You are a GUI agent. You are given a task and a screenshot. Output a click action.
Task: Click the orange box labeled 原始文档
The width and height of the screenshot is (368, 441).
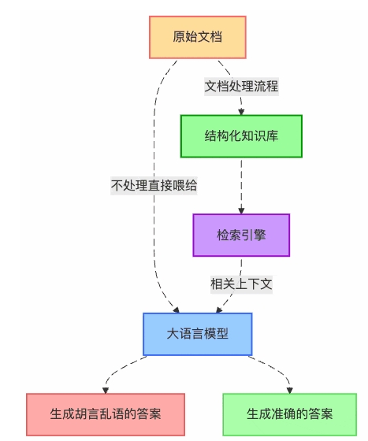[198, 37]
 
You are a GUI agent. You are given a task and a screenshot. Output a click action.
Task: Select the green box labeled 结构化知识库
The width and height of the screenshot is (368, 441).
[241, 135]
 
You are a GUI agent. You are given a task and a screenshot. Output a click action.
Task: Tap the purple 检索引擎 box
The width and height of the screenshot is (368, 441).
[241, 235]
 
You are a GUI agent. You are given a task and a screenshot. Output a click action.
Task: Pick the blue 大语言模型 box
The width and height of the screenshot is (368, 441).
[197, 333]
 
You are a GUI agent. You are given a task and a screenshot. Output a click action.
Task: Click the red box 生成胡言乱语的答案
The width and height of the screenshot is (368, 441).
[105, 414]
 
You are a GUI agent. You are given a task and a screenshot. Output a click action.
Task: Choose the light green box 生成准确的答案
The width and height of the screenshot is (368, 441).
[289, 414]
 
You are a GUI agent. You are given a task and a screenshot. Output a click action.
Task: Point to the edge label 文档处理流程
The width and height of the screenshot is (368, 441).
[241, 87]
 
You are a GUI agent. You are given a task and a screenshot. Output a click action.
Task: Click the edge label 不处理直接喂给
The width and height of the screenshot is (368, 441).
[154, 186]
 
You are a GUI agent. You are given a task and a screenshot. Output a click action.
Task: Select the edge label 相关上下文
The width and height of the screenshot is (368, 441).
[241, 284]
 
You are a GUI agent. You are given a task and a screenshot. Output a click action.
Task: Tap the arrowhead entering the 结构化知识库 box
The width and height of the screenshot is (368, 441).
[241, 112]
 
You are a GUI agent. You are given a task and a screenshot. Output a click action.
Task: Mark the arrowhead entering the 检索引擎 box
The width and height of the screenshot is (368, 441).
[241, 210]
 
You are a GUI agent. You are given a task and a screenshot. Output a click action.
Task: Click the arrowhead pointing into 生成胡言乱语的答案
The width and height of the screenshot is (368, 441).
[106, 390]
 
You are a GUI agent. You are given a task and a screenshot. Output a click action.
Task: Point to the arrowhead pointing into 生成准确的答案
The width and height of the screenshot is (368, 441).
[289, 390]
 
